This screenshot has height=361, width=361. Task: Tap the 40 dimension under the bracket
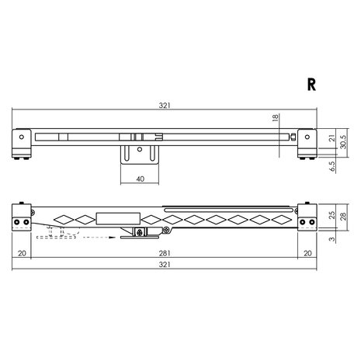[141, 178]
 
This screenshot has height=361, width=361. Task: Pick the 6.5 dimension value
[331, 166]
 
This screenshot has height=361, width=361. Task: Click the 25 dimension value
[331, 215]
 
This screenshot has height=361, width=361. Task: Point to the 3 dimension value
[331, 240]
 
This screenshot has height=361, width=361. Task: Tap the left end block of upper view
[22, 142]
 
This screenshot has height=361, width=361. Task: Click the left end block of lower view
[22, 217]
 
